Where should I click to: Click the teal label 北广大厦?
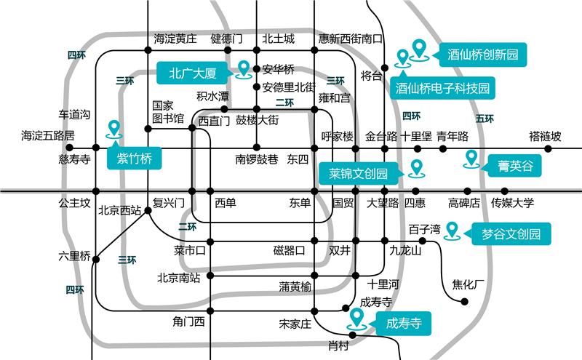point(193,72)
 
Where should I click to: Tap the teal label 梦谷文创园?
point(511,234)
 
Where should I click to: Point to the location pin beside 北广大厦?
point(244,69)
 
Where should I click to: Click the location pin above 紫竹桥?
point(113,129)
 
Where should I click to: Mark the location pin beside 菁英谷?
point(471,158)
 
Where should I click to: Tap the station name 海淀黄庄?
point(175,39)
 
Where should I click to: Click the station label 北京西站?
point(119,211)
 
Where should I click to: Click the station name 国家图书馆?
point(168,111)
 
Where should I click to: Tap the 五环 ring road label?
point(485,119)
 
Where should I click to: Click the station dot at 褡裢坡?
point(549,149)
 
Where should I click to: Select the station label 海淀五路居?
point(48,135)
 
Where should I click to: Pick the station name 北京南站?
point(180,277)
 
